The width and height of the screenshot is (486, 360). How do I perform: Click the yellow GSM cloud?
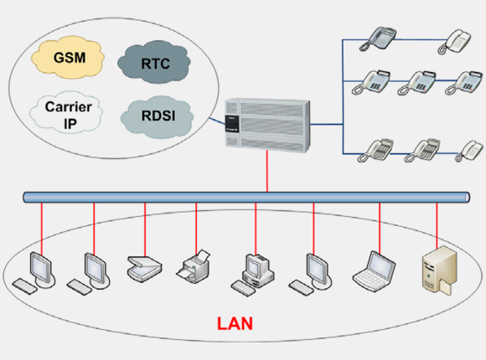click(x=68, y=57)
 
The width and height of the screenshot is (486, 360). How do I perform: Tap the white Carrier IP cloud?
click(x=66, y=112)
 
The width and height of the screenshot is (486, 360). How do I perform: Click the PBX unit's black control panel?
click(x=232, y=124)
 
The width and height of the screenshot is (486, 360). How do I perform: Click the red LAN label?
click(x=235, y=323)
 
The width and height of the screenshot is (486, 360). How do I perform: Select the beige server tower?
click(x=440, y=270)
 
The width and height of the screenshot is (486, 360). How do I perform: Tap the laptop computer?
click(x=374, y=271)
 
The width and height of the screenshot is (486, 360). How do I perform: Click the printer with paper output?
click(x=194, y=266)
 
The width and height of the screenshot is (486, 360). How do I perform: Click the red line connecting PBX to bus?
click(x=267, y=172)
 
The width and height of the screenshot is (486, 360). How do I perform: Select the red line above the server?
click(x=437, y=225)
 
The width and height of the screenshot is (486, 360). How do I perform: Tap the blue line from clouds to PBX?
click(x=218, y=121)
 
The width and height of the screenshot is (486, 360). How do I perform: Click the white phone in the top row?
click(x=454, y=42)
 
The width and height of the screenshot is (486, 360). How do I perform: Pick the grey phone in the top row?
click(x=378, y=39)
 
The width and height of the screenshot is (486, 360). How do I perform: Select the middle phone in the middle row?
click(x=417, y=83)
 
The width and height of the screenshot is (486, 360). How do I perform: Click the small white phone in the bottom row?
click(x=465, y=151)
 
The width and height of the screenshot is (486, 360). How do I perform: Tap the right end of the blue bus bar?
click(x=468, y=198)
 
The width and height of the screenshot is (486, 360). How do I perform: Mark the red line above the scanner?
click(x=145, y=229)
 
